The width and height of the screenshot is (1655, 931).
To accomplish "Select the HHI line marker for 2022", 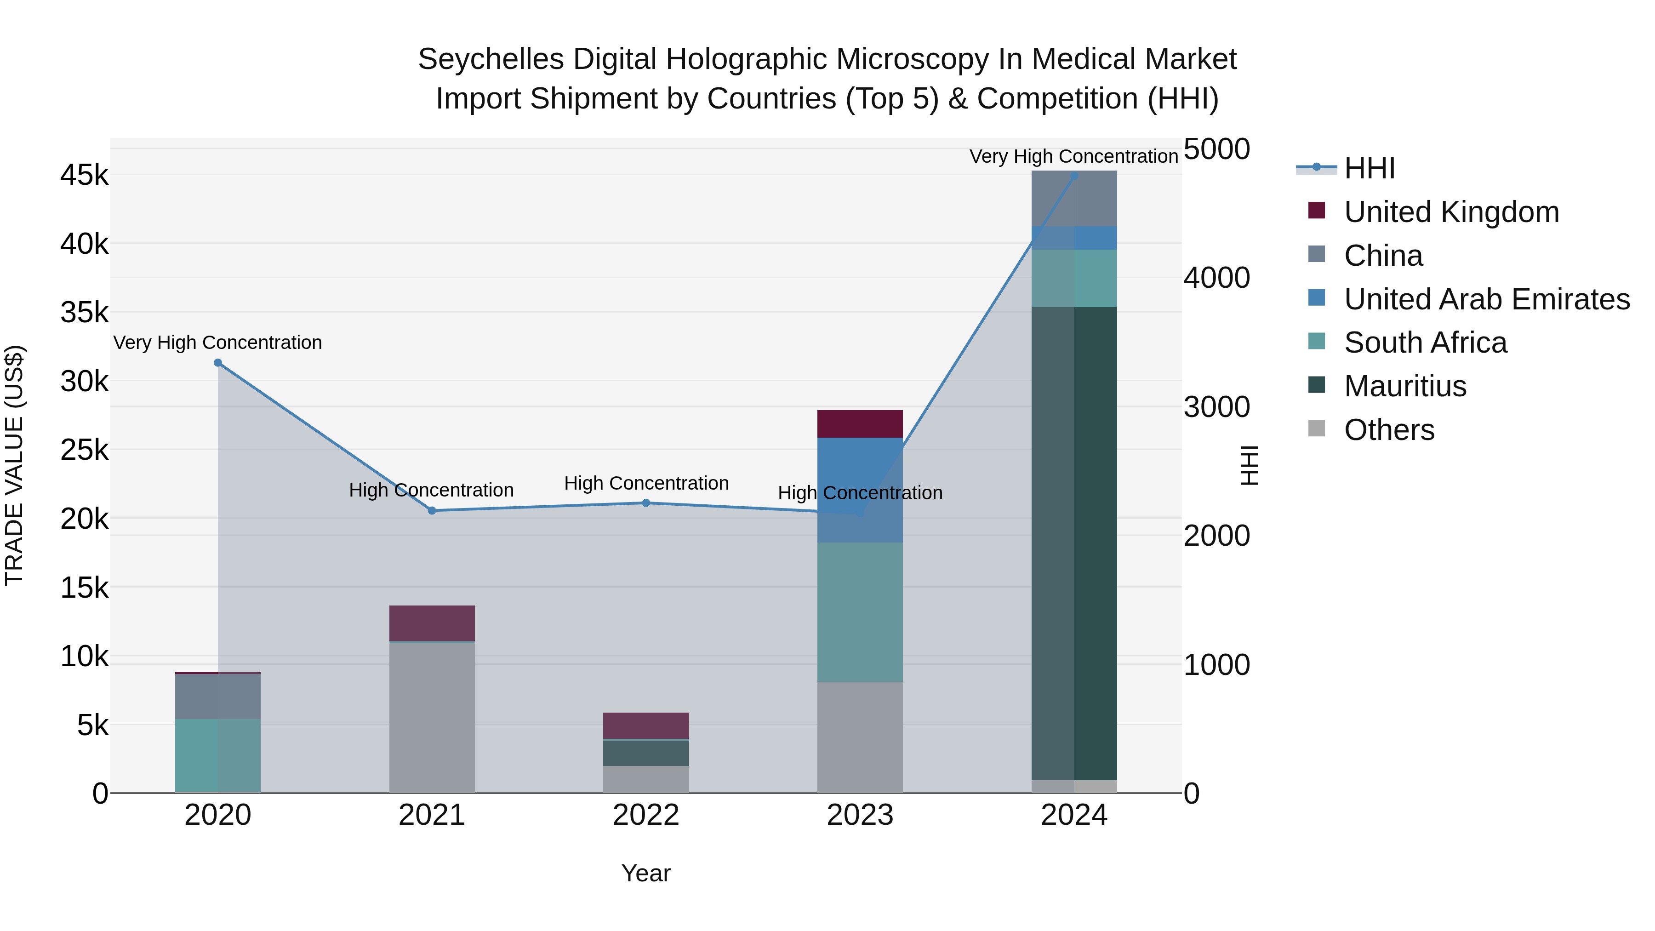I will tap(646, 503).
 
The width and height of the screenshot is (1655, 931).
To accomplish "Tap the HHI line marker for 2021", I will tap(432, 511).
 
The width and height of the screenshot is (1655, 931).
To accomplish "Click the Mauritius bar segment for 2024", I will tap(1074, 543).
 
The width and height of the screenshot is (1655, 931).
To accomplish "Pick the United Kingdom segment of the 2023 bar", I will tap(860, 424).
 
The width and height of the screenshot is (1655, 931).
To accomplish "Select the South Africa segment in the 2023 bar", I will tap(860, 611).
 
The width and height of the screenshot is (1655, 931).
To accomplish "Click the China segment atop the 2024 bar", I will tap(1074, 198).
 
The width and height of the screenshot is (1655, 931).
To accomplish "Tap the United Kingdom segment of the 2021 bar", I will tap(432, 623).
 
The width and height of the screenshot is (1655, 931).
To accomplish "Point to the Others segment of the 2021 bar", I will tap(432, 718).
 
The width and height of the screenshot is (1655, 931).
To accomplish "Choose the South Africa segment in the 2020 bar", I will tap(218, 755).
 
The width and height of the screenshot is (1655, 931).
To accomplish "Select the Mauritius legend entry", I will tap(1404, 387).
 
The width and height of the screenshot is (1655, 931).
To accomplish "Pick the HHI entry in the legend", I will tap(1369, 168).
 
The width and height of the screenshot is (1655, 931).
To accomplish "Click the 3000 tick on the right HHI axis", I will tap(1216, 407).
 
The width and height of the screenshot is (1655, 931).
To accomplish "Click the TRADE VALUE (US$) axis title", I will tap(15, 466).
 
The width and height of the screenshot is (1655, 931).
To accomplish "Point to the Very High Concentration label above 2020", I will tap(218, 343).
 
